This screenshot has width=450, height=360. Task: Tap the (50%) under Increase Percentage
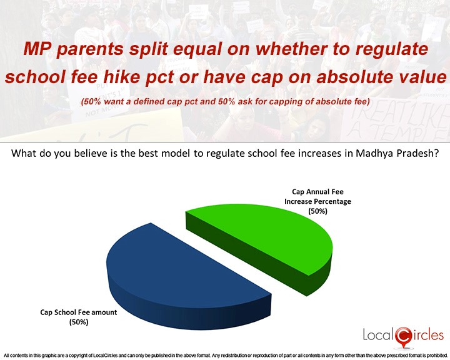[317, 211]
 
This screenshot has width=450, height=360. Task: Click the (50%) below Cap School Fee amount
[79, 322]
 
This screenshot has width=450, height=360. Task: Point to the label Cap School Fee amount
[79, 312]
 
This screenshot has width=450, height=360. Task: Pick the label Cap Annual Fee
[317, 191]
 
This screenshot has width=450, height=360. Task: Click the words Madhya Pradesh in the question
[397, 153]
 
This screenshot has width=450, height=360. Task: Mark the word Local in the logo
[379, 335]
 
